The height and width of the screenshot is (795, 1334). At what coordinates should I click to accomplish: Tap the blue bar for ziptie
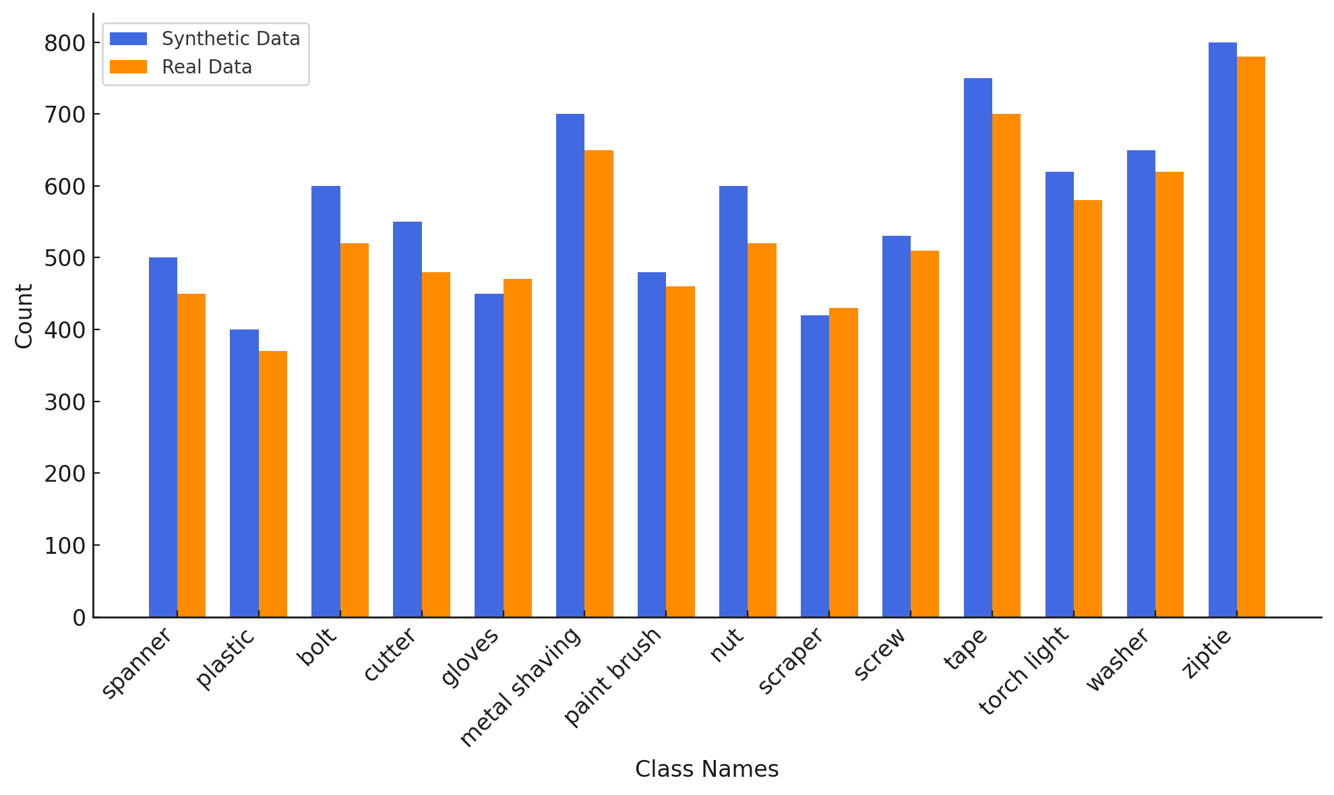coord(1222,329)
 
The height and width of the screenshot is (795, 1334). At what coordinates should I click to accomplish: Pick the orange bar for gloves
coord(518,448)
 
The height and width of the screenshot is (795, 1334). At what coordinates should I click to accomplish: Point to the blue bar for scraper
coord(815,466)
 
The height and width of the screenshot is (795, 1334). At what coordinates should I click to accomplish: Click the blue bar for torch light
coord(1060,394)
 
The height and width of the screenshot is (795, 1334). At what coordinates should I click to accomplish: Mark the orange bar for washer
coord(1170,394)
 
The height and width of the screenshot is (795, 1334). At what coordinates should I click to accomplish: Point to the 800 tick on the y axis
coord(65,43)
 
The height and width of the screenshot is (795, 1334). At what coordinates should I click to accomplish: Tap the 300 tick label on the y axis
coord(65,402)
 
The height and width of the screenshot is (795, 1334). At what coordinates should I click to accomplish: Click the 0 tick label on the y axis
coord(79,618)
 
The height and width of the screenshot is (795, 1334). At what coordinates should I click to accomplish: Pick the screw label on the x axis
coord(880,654)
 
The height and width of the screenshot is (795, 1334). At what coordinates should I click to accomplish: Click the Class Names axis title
coord(706,769)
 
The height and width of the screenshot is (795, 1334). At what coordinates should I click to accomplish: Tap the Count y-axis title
coord(24,316)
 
